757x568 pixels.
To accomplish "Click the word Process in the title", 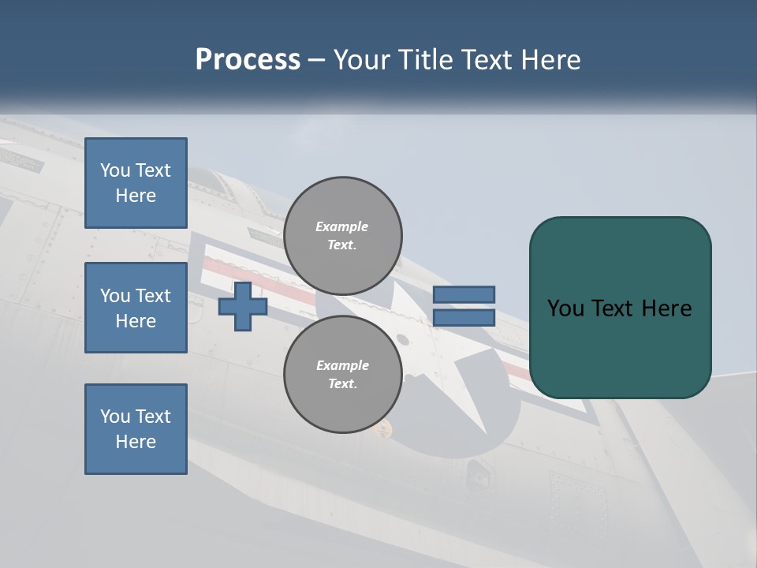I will (x=248, y=60).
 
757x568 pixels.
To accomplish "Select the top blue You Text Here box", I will (x=136, y=183).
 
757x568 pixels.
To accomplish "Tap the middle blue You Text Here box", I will (x=136, y=308).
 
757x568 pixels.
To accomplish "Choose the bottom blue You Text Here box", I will (x=136, y=428).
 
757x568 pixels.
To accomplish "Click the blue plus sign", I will (x=242, y=306).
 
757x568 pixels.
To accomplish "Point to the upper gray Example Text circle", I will (x=342, y=236).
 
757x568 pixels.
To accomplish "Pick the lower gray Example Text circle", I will (x=342, y=375).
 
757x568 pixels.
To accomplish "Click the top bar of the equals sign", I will (x=464, y=294).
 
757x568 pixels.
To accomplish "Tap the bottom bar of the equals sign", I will (x=464, y=318).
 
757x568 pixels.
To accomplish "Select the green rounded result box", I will (x=620, y=308).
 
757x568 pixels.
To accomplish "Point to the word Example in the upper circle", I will (x=342, y=226).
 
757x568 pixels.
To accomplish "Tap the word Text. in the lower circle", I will (x=342, y=384).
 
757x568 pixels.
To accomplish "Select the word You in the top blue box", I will (x=115, y=170).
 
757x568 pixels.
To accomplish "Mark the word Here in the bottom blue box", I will (x=136, y=442).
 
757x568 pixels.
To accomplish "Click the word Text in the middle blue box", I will (x=153, y=296).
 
